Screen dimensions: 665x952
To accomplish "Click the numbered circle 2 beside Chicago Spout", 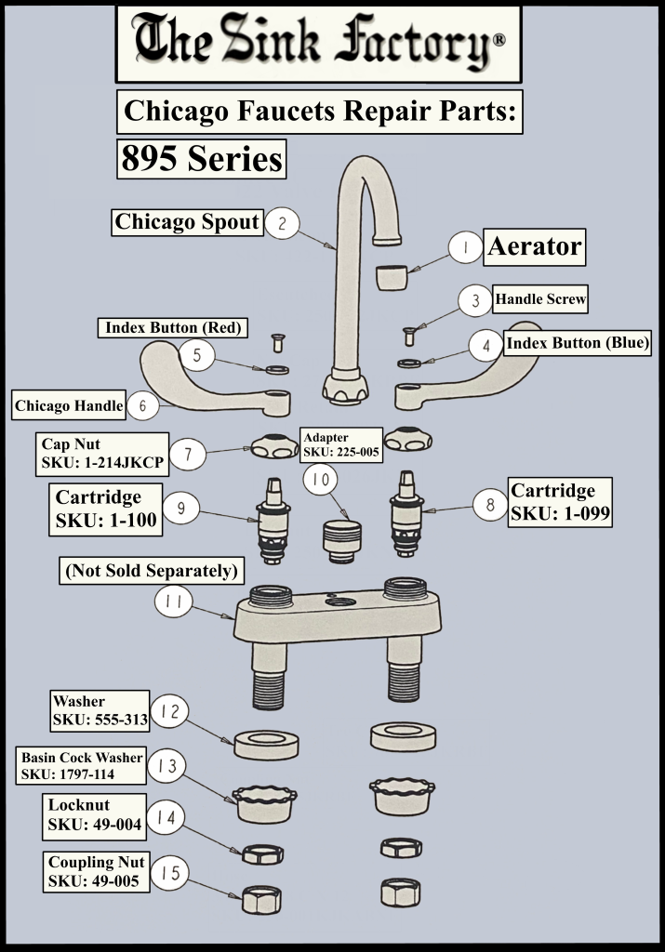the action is point(283,223).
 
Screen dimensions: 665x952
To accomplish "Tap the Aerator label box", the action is point(535,246).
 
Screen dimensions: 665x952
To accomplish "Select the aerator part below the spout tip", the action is point(392,277).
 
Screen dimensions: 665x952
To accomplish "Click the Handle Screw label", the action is point(539,298).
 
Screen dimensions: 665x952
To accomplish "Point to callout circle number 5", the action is point(197,354).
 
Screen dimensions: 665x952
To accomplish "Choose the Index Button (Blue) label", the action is point(578,343).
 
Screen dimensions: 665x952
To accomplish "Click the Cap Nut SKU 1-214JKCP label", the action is point(102,454).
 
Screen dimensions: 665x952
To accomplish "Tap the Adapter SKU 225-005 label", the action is point(341,444).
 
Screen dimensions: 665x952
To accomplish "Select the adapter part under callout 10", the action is point(342,541).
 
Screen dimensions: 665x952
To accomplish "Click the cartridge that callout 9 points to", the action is point(272,521).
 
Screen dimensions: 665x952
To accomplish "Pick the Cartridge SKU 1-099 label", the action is point(560,501).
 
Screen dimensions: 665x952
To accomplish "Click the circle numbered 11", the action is point(174,602).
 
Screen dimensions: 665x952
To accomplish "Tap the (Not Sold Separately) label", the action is point(152,571).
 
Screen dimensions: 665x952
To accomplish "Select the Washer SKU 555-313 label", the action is point(100,711).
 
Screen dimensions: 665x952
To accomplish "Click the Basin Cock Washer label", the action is point(81,766).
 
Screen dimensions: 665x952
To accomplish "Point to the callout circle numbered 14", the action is point(166,817).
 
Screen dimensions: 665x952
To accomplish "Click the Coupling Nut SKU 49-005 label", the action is point(96,872).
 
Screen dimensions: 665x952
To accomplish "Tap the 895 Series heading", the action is point(202,159).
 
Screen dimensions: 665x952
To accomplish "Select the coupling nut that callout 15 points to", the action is point(261,900).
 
